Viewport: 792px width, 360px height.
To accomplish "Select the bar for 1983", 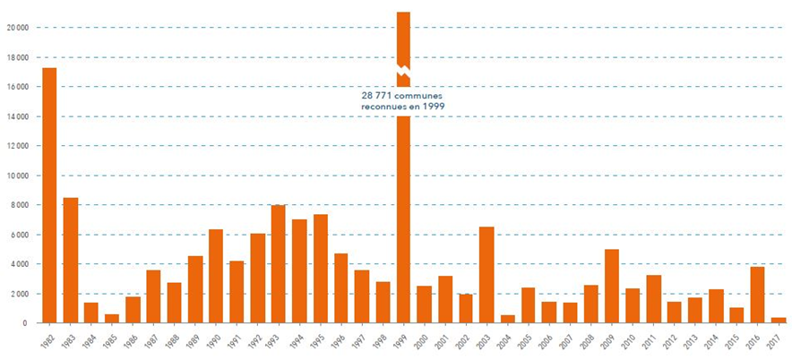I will tap(70, 260).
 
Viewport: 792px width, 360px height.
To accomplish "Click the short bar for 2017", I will tap(778, 320).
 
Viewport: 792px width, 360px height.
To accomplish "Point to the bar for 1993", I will tap(278, 263).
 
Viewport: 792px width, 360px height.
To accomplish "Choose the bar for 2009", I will tap(612, 286).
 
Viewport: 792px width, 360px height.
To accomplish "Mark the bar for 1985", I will tap(112, 318).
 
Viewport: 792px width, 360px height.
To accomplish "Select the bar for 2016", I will tap(757, 295).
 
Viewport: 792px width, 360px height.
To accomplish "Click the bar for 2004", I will tap(507, 319).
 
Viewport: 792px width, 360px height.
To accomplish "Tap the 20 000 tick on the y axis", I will tap(17, 28).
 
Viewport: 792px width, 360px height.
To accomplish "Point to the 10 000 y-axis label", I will tap(17, 176).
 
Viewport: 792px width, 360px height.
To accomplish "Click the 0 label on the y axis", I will tap(27, 323).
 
